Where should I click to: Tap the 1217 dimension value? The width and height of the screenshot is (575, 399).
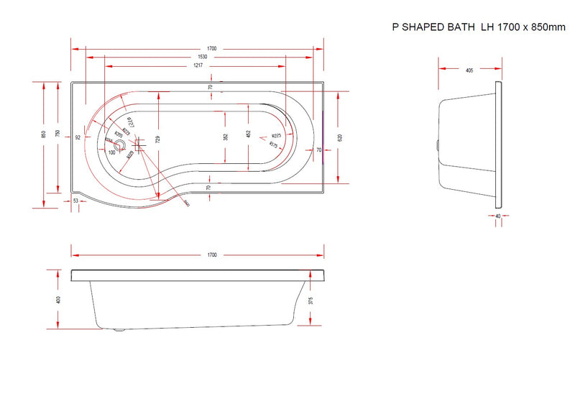pos(197,65)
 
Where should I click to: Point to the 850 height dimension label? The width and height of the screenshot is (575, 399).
pos(44,134)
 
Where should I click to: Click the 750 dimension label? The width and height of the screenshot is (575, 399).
pos(58,134)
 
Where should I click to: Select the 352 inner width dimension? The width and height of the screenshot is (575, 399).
pos(226,137)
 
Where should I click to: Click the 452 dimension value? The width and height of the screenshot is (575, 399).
pos(248,134)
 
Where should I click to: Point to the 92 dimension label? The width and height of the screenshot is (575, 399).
pos(77,137)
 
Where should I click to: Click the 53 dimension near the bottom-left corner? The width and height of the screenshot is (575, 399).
pos(76,202)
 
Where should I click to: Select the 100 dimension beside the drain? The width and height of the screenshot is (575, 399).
pos(112,152)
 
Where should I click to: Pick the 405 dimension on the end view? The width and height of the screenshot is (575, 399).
pos(469,70)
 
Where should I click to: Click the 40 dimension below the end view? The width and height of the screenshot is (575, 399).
pos(497,216)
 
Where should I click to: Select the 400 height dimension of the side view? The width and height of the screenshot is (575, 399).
pos(58,300)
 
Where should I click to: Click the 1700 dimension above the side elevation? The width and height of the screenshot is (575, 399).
pos(211,255)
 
